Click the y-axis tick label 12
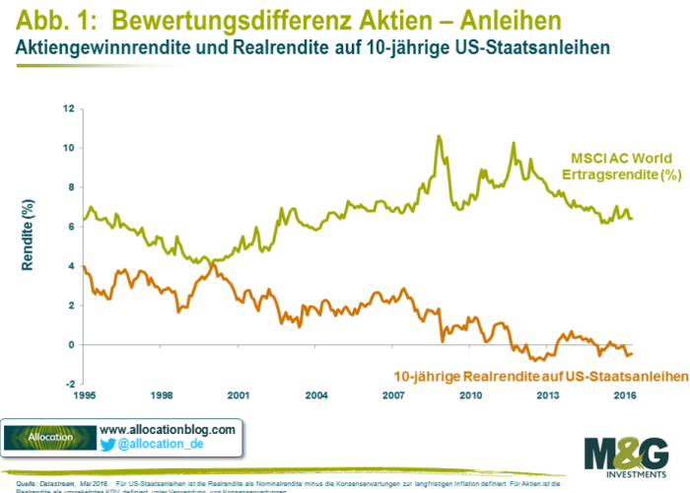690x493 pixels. [69, 108]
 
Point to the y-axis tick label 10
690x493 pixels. [69, 148]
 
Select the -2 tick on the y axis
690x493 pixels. [69, 385]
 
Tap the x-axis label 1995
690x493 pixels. [84, 394]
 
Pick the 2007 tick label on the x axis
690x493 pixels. [393, 394]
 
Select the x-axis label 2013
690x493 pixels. [548, 394]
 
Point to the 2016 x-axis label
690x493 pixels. [625, 394]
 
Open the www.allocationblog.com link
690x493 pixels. [169, 430]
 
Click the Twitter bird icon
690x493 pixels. [107, 446]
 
